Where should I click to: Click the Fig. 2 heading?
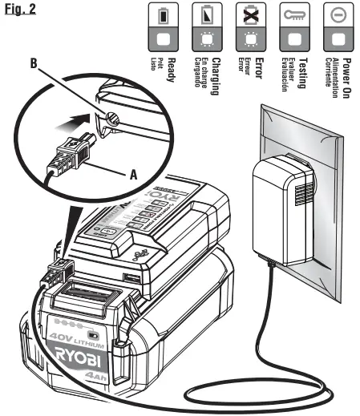coord(17,10)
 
